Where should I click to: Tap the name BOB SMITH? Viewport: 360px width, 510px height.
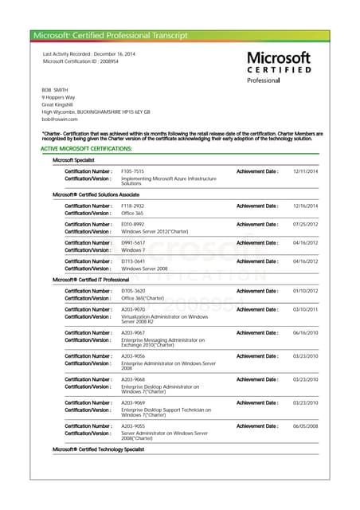click(x=55, y=90)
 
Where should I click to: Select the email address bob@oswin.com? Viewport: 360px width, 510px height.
click(x=60, y=119)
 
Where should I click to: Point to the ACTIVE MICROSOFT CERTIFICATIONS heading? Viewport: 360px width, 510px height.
click(x=86, y=149)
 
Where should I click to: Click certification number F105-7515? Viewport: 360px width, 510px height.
click(x=132, y=171)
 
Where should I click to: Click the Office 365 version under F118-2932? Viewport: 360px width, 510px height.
click(x=132, y=214)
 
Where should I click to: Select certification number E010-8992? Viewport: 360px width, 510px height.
click(x=132, y=225)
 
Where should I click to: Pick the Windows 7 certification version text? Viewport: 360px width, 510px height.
click(x=133, y=250)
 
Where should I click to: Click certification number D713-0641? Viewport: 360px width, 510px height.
click(x=132, y=261)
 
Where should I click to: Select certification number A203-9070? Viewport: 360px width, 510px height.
click(x=133, y=309)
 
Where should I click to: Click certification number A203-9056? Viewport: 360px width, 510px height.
click(x=133, y=356)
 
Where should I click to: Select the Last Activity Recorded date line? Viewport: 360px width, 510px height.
click(x=89, y=53)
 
